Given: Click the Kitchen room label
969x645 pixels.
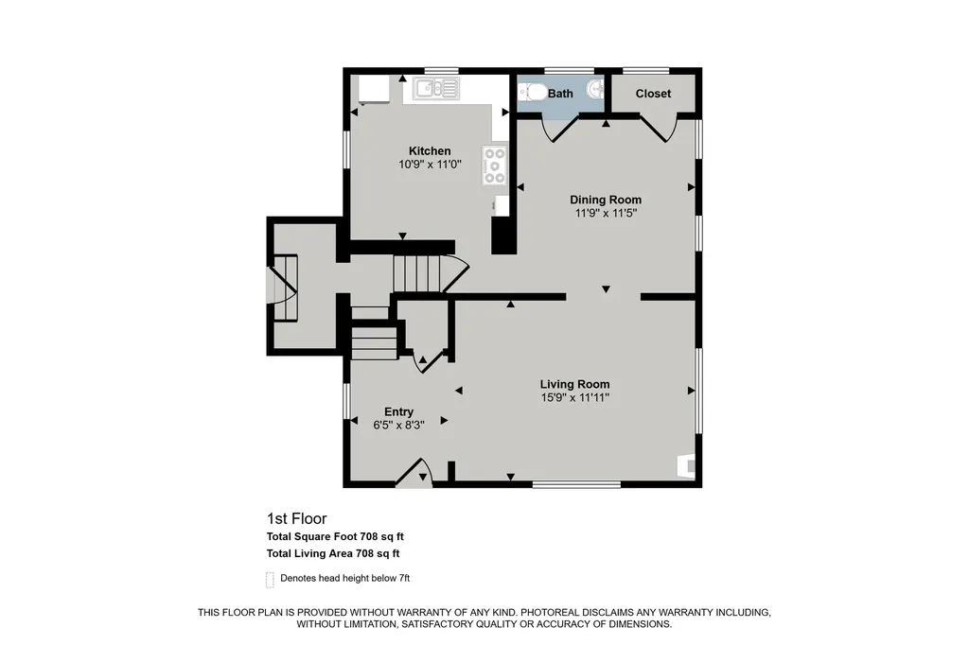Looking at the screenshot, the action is point(430,150).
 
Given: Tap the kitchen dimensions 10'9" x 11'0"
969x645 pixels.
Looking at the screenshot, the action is point(430,165).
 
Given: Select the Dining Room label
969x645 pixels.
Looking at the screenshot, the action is point(606,200).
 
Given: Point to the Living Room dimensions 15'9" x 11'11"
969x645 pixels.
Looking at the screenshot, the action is point(574,397).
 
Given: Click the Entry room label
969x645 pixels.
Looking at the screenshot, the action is point(398,411).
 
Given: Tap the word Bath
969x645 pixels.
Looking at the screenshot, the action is point(560,94).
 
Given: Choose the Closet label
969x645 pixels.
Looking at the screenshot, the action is point(653,94).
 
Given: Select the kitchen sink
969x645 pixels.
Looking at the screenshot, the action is point(436,88).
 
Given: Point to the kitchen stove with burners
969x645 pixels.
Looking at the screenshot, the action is point(494,165).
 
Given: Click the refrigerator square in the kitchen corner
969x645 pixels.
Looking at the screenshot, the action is point(374,89).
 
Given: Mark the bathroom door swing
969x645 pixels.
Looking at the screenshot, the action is point(559,130).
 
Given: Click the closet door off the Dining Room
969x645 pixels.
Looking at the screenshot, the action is point(659,129).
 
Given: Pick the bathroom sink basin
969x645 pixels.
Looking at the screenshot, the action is point(596,89).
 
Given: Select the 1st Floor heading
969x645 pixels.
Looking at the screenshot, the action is point(296,518).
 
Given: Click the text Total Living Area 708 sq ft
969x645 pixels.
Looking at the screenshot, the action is point(333,553).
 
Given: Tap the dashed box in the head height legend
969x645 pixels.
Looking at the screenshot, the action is point(270,580).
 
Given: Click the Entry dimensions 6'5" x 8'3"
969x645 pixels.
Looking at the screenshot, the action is point(398,425).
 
